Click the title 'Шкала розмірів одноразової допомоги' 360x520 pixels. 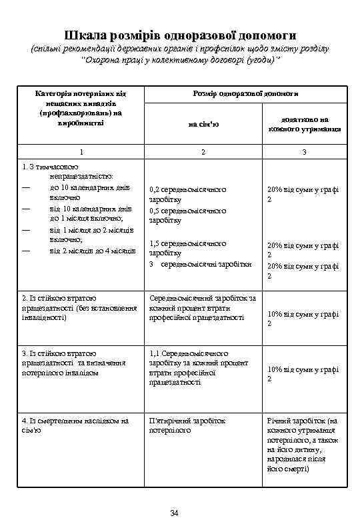[180, 34]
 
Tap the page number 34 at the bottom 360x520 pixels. [175, 512]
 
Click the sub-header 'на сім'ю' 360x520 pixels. [203, 123]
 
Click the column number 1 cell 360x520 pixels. [81, 153]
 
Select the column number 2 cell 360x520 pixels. [203, 153]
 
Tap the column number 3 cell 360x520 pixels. [304, 153]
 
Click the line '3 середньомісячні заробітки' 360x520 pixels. [200, 264]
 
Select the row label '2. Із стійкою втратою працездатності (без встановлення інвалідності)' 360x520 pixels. [79, 307]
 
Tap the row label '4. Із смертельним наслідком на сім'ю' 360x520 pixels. [75, 425]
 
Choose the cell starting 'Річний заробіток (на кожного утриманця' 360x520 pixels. [303, 445]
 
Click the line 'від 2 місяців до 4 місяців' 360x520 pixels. [93, 251]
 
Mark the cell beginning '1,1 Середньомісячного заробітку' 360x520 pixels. [199, 367]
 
